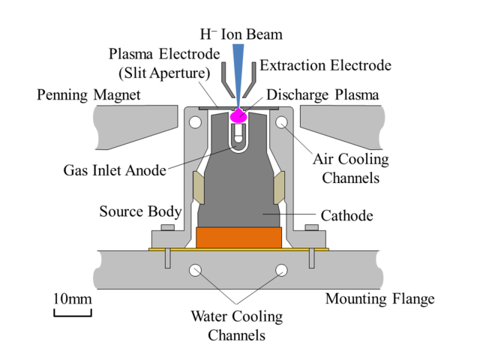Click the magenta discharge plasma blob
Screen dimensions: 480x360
(x=238, y=115)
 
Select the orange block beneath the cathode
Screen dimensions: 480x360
(x=238, y=238)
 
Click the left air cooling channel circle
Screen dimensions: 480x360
(x=195, y=122)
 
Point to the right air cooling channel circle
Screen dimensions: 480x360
(x=282, y=122)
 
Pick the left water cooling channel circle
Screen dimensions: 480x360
(x=195, y=270)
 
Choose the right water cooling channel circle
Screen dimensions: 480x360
(x=282, y=270)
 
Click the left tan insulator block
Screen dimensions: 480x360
(x=198, y=187)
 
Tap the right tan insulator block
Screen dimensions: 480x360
(x=279, y=187)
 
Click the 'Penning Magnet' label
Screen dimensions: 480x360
(x=88, y=95)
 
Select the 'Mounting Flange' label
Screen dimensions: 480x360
(x=380, y=298)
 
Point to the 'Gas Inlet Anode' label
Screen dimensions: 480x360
(x=115, y=170)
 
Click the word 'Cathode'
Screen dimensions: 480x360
(x=346, y=216)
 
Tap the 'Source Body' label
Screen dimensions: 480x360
(x=140, y=211)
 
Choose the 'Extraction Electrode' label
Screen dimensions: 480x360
(x=325, y=65)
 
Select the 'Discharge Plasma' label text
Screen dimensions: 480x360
(x=322, y=95)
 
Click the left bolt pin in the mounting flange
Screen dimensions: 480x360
(x=168, y=258)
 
